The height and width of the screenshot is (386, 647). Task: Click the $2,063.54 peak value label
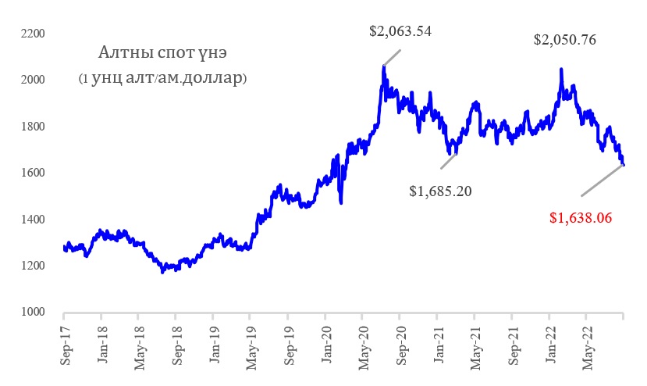coord(400,32)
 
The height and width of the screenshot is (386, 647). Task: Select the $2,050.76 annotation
coord(565,40)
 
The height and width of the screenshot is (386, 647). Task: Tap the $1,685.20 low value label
coord(441,190)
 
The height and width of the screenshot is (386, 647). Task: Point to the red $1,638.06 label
coord(580,219)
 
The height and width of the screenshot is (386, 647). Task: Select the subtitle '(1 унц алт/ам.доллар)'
coord(162,78)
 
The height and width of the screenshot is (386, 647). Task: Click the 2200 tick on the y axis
coord(34,34)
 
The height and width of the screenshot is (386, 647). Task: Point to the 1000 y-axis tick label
coord(34,313)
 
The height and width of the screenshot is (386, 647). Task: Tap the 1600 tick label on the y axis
coord(34,173)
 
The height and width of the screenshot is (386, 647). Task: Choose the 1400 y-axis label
coord(34,220)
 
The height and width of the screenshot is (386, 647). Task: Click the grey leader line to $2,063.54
coord(392,58)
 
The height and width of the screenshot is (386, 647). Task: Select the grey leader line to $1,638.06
coord(602,180)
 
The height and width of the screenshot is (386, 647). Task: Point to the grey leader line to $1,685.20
coord(448,160)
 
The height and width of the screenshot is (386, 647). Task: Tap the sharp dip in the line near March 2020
coord(341,202)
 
